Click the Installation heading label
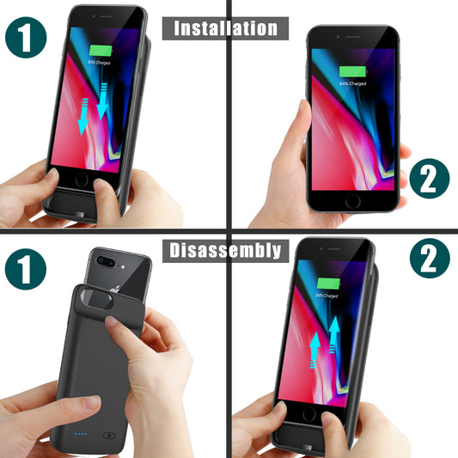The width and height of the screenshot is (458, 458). (227, 27)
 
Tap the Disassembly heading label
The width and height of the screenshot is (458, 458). (226, 250)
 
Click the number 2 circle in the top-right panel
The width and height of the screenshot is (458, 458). (429, 182)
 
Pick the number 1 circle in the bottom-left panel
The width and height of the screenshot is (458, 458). (25, 271)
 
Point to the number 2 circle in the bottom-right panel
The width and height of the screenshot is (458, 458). (429, 259)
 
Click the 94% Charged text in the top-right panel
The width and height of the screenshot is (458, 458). (352, 83)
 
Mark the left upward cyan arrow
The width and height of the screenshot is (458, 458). (315, 352)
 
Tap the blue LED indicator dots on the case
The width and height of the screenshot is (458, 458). (81, 433)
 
